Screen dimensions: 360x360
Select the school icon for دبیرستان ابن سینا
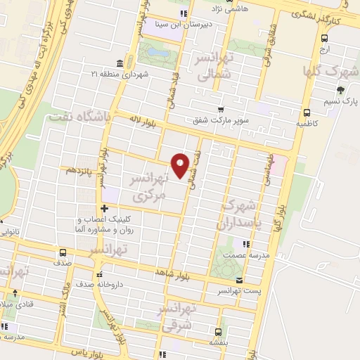[x=184, y=13]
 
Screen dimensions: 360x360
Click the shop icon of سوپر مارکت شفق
[x=220, y=109]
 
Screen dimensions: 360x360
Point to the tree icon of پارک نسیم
[x=340, y=89]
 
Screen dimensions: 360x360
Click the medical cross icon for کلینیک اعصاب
[x=104, y=208]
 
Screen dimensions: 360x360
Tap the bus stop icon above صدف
[x=63, y=252]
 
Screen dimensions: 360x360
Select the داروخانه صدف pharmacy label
[x=127, y=285]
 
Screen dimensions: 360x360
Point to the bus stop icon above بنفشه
[x=217, y=331]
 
